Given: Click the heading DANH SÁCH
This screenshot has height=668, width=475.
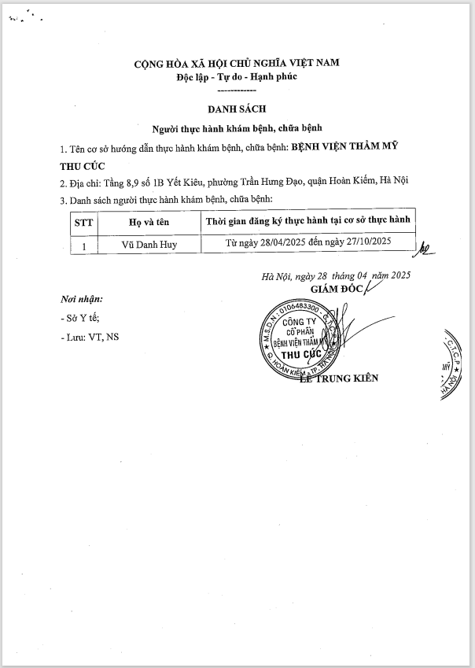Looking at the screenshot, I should (x=237, y=110).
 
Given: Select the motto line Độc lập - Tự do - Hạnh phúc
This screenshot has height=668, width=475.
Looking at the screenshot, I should (x=237, y=76).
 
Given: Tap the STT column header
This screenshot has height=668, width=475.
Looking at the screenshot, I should (x=83, y=223).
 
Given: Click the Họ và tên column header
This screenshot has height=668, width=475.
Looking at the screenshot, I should (x=149, y=223).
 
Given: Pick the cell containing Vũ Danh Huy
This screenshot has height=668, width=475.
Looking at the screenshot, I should (x=149, y=245).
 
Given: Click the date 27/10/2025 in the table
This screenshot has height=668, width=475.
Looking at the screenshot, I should (x=365, y=244).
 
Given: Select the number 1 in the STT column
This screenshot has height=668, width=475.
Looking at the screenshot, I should (x=83, y=245).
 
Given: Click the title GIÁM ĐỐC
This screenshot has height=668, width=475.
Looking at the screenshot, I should (x=337, y=289).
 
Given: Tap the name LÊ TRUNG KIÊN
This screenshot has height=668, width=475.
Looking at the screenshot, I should (x=339, y=378).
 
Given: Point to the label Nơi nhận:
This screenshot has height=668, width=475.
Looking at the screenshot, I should (x=81, y=299).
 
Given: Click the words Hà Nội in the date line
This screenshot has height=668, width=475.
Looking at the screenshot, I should (x=276, y=276).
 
